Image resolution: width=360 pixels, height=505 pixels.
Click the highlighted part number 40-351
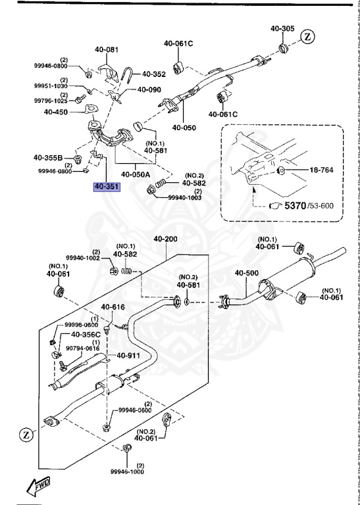(107, 187)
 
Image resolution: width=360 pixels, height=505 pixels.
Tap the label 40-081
(107, 49)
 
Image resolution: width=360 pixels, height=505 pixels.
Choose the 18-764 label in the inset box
(322, 171)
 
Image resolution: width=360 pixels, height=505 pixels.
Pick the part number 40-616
(113, 307)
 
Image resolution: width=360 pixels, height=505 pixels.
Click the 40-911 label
(129, 356)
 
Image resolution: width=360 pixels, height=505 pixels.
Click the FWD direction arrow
(39, 486)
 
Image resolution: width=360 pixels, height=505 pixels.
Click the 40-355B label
(48, 158)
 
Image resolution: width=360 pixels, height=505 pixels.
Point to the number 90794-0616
(82, 348)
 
